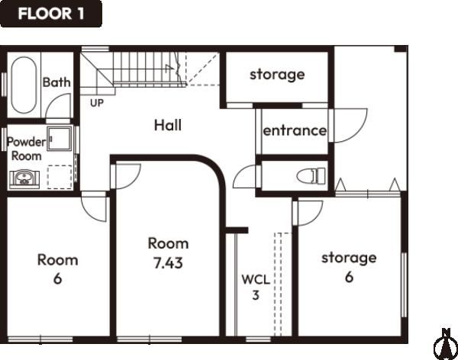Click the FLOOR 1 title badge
pos(51,14)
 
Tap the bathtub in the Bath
pos(24,85)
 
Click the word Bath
pos(56,82)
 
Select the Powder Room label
pos(26,149)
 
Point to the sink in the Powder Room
pos(24,178)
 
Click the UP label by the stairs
pos(97,103)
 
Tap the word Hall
pos(168,125)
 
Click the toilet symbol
pos(311,175)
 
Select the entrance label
pos(295,130)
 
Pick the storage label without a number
pos(277,75)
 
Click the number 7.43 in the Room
pos(168,263)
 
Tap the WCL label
pos(256,280)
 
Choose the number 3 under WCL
pos(256,295)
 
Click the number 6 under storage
pos(349,277)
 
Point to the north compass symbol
pos(446,345)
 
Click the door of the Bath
pos(59,106)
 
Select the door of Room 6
pos(94,209)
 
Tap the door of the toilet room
pos(245,177)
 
